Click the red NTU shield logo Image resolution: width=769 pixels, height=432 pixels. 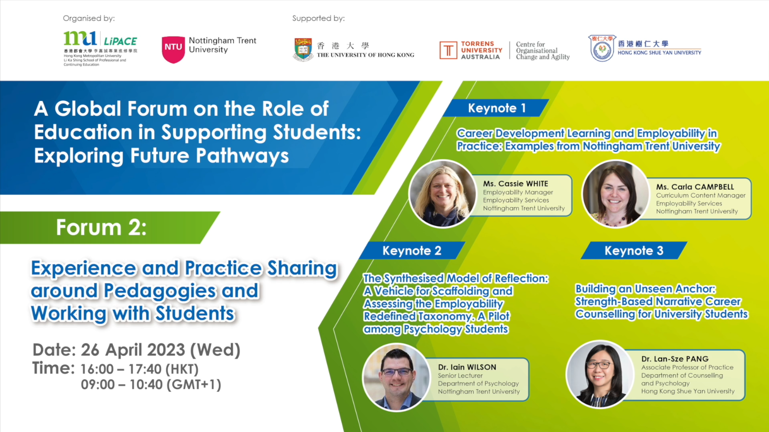[x=173, y=50]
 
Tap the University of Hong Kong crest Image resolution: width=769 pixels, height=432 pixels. [x=303, y=49]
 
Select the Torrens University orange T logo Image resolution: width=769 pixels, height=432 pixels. [x=448, y=50]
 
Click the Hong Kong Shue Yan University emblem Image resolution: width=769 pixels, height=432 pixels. [x=602, y=49]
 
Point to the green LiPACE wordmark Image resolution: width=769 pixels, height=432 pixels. [x=121, y=41]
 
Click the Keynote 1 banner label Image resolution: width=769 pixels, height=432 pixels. [x=497, y=108]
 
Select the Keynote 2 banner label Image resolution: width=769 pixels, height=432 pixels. [x=412, y=250]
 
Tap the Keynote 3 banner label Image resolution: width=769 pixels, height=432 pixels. [x=634, y=250]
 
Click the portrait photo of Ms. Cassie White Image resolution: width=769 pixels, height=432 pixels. [x=442, y=194]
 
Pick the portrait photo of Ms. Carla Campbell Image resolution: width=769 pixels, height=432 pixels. [x=616, y=194]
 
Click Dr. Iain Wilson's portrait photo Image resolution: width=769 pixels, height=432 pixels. [x=396, y=377]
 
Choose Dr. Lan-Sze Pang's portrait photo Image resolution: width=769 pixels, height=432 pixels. [x=599, y=374]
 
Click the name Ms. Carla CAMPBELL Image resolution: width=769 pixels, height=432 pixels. [x=695, y=186]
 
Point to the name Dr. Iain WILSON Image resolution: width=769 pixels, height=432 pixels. [x=467, y=367]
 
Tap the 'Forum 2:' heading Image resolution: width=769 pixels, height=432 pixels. [x=101, y=227]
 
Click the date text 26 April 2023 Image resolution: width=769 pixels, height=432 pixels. [x=133, y=350]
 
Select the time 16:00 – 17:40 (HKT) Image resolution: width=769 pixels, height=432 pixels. [x=139, y=369]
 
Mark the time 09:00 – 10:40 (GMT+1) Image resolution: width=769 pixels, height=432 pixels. [x=151, y=384]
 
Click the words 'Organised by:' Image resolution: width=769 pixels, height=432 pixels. [x=89, y=19]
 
